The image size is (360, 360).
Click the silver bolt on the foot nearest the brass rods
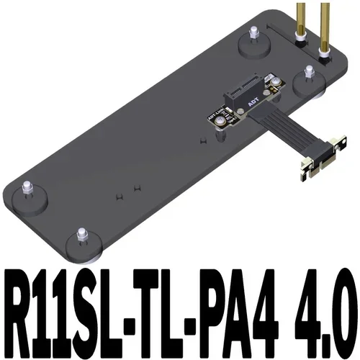[308, 71]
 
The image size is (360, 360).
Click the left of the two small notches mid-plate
[117, 195]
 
